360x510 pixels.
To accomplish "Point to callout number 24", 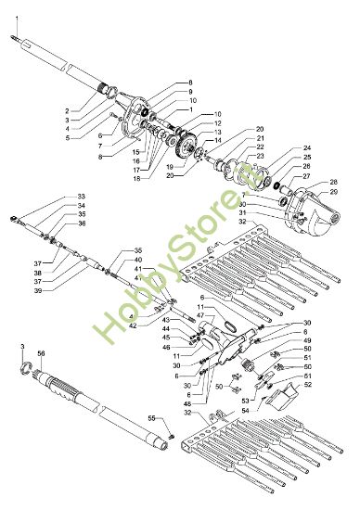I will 307,148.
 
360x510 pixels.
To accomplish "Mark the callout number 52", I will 308,384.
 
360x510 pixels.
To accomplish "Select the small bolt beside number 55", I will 171,431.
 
